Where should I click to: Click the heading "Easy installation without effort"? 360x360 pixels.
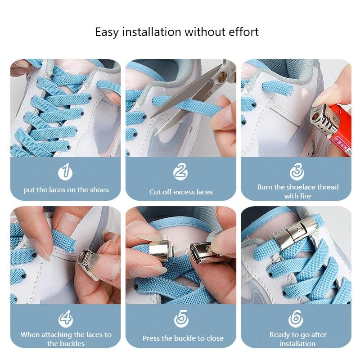[177, 32]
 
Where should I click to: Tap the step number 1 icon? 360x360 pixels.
[66, 171]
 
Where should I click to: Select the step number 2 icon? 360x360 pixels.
[180, 171]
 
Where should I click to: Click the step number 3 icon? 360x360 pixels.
[297, 171]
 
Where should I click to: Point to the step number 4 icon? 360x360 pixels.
[66, 319]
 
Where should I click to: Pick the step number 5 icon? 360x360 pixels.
[180, 319]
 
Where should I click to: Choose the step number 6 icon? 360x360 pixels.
[296, 319]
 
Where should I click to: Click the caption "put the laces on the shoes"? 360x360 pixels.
[66, 190]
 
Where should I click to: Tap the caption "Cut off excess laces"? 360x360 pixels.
[181, 192]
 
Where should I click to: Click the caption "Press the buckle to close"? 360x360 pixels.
[183, 338]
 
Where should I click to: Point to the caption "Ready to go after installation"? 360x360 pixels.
[297, 339]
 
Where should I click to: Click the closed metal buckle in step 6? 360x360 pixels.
[297, 232]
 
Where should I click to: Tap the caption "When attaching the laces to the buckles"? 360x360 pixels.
[66, 339]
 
